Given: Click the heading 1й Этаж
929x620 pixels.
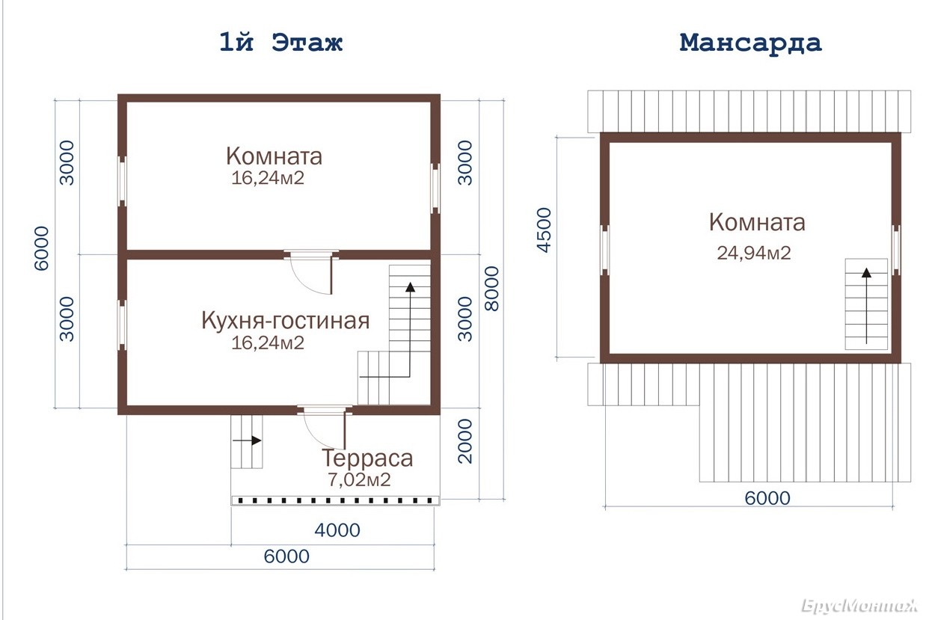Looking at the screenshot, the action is point(280,43).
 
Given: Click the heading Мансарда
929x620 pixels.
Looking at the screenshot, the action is point(750,43).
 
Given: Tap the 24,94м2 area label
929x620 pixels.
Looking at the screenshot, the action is point(754,253).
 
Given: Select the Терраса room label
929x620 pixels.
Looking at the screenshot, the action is point(367,458).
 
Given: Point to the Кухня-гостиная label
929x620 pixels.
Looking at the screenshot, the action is point(285,321).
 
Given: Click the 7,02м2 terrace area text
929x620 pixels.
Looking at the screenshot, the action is point(359,480).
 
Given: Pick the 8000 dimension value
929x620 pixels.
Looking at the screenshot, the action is point(492,289).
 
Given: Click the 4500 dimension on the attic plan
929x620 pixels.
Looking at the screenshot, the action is point(544,230).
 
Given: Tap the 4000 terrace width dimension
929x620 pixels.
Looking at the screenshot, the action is point(337,530).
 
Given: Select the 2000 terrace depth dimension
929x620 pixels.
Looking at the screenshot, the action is point(465,441).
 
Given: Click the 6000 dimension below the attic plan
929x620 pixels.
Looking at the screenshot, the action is point(767,498).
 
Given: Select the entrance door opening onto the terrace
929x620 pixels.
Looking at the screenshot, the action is point(325,427).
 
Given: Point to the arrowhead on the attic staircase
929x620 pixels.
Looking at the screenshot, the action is point(866,272).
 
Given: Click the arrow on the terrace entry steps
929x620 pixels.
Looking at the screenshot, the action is point(247,440).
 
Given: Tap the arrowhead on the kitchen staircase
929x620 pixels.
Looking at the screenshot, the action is point(410,287).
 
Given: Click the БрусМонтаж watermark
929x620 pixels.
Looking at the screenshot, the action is point(859,606).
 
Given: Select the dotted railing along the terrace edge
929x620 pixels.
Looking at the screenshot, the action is point(336,500).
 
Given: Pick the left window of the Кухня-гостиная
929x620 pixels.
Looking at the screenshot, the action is point(122,325).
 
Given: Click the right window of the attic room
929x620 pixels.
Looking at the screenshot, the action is point(896,250).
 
